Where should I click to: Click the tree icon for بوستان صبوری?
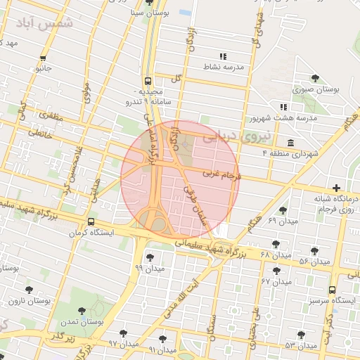click(x=314, y=78)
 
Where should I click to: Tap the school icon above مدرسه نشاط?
click(x=223, y=56)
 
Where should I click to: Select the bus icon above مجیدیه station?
click(x=148, y=80)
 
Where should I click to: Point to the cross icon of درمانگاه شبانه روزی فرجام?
click(x=337, y=188)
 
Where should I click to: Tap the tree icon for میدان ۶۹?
click(x=283, y=210)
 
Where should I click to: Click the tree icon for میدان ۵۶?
click(x=314, y=251)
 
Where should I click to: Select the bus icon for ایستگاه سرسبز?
click(x=332, y=290)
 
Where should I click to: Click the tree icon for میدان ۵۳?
click(x=302, y=335)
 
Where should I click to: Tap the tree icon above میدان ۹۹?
click(x=149, y=257)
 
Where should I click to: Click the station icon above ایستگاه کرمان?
click(x=91, y=222)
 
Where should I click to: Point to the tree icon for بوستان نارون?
click(x=29, y=290)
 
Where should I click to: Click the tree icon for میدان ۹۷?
click(x=124, y=333)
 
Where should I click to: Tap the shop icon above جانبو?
click(x=44, y=58)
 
